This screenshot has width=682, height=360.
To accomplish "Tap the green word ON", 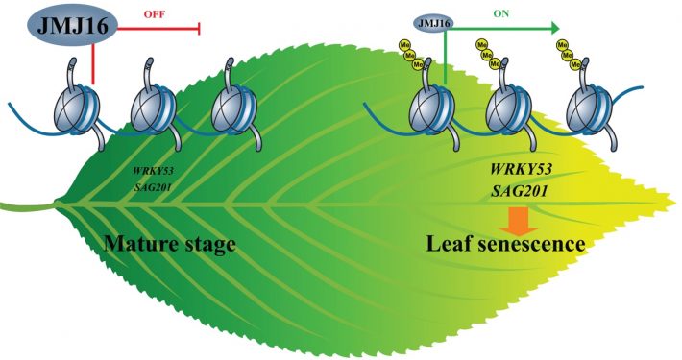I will click(x=501, y=14).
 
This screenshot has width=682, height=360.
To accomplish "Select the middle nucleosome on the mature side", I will click(x=153, y=104).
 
